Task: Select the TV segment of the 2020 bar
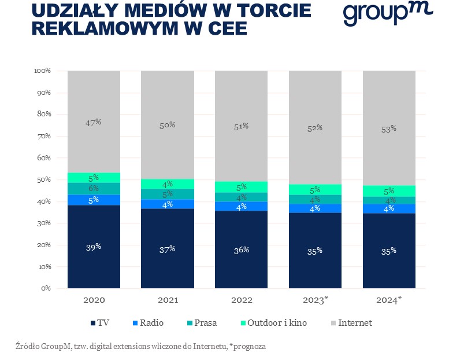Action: click(94, 247)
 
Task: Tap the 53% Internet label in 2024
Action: click(389, 128)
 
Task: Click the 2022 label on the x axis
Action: click(242, 300)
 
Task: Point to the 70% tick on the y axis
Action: click(43, 136)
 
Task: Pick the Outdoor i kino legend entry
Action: click(272, 322)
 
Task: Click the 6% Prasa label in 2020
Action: click(94, 188)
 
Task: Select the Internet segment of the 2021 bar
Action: click(168, 124)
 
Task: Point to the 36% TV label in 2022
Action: click(242, 249)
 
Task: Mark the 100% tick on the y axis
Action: click(42, 71)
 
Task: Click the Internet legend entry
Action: click(353, 322)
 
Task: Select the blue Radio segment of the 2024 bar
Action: click(389, 208)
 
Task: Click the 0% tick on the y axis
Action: click(46, 288)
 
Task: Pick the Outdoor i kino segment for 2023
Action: click(315, 190)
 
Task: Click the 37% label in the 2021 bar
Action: click(168, 249)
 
